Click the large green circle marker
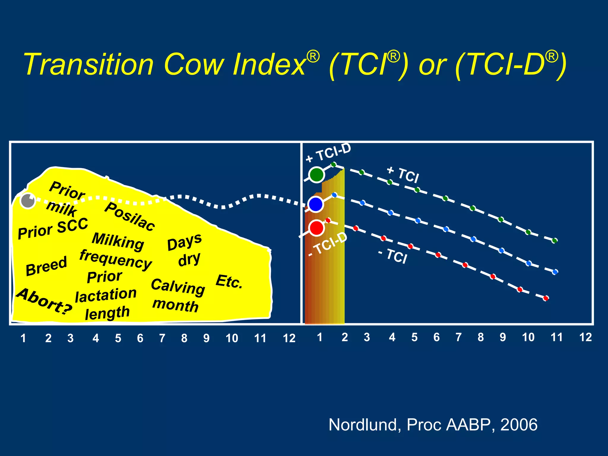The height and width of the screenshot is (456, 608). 316,175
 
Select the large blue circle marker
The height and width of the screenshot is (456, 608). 316,204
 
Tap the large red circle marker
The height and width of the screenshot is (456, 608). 316,228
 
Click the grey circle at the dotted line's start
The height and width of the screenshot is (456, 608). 28,201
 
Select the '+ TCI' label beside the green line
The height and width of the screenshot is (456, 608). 403,175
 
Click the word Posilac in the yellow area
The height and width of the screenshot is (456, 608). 130,217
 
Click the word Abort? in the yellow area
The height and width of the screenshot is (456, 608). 44,301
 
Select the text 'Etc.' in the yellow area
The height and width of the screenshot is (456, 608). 229,281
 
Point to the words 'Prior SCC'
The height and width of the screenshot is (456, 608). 53,228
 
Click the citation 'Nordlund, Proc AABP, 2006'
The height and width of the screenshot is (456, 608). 433,425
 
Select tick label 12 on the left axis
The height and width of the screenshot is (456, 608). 289,338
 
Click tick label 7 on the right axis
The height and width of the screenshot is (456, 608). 458,337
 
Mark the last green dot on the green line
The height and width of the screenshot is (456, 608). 554,241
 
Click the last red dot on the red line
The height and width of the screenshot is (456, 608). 546,298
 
